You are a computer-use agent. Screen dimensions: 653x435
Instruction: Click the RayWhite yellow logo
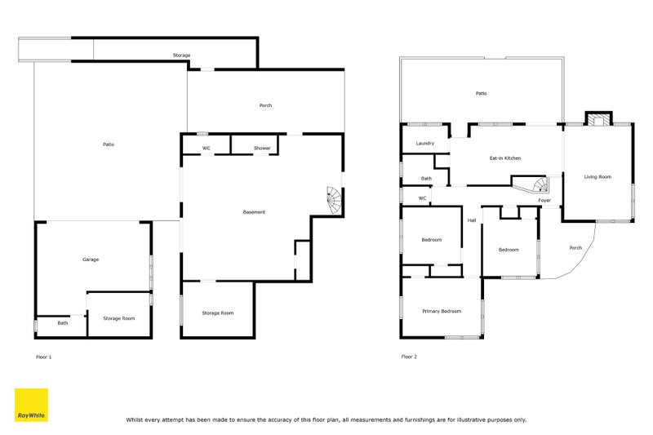coord(31,405)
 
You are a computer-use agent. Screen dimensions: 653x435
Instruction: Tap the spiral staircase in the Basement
coord(335,201)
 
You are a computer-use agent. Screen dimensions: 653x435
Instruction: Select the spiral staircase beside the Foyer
coord(540,184)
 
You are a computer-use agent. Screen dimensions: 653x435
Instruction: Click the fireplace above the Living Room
coord(599,118)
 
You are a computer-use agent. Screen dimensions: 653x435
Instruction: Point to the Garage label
coord(91,260)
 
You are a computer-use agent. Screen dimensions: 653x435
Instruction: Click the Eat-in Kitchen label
coord(505,158)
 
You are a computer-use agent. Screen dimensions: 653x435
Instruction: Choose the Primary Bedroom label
coord(442,312)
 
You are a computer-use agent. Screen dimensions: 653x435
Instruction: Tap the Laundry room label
coord(424,143)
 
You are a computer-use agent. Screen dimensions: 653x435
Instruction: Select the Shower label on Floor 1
coord(262,149)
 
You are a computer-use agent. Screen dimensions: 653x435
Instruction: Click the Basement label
coord(254,212)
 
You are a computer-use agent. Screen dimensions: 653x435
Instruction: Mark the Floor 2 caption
coord(409,357)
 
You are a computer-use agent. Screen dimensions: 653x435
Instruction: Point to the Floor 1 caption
coord(44,357)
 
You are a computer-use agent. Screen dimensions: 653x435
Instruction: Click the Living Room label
coord(597,177)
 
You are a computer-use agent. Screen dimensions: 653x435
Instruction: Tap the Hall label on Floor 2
coord(472,220)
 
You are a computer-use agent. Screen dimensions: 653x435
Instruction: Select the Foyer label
coord(544,201)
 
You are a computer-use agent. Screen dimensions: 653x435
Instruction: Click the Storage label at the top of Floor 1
coord(181,55)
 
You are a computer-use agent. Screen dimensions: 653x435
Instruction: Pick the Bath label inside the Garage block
coord(63,323)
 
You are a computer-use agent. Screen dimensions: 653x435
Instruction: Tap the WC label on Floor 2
coord(422,198)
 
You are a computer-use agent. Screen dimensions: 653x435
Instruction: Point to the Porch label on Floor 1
coord(266,106)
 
